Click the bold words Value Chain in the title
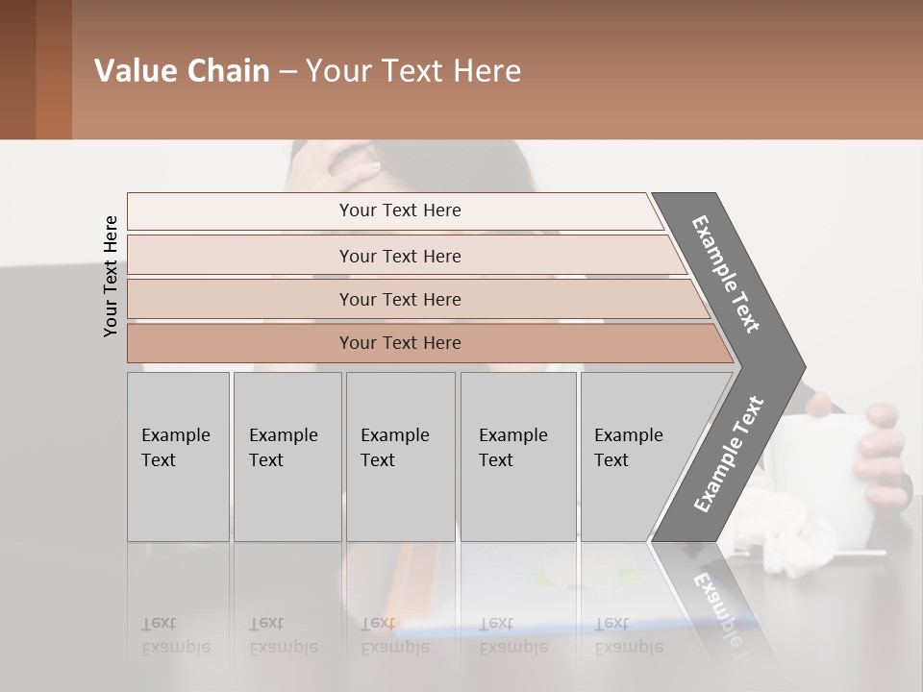click(x=182, y=71)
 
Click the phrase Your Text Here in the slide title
click(x=413, y=71)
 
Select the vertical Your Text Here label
click(x=111, y=276)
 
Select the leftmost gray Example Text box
click(x=178, y=457)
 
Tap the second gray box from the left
click(x=287, y=457)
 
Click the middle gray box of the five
click(x=400, y=457)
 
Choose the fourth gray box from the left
click(x=518, y=457)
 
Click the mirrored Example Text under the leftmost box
click(x=176, y=635)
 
